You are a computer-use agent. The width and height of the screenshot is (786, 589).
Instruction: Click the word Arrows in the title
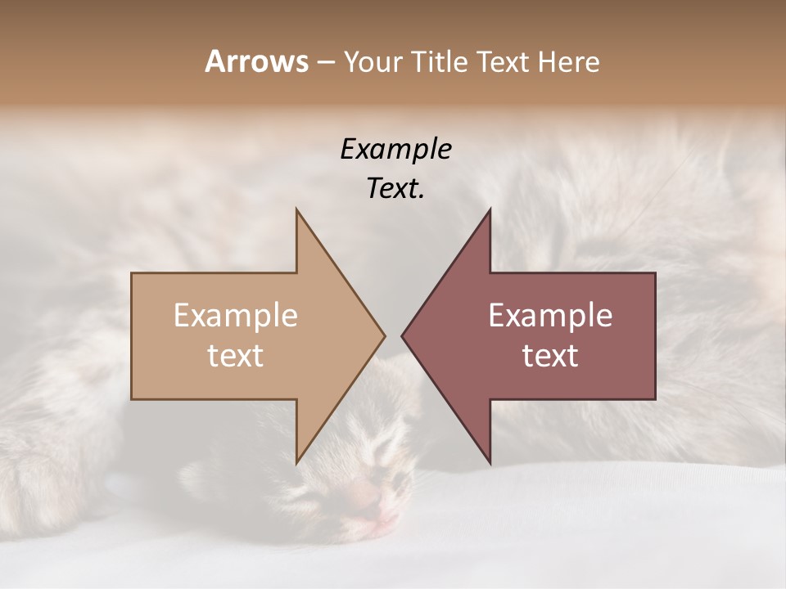point(256,61)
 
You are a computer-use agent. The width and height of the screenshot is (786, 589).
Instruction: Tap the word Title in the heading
point(440,62)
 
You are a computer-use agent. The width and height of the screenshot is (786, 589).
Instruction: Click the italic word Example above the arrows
point(395,150)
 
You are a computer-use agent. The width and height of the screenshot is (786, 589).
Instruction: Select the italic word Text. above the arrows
point(395,189)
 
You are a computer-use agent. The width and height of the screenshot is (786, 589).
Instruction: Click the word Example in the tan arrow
point(236,316)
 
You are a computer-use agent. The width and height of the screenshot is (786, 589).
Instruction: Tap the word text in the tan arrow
point(236,356)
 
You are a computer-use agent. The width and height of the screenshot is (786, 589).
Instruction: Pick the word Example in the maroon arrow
point(550,316)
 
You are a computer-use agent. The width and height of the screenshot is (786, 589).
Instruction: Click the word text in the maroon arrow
point(550,356)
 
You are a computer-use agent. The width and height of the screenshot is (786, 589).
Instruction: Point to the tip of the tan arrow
point(384,335)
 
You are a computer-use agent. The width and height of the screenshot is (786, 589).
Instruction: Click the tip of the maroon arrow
point(402,335)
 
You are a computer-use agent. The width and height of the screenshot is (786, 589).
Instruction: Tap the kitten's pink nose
point(366,496)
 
